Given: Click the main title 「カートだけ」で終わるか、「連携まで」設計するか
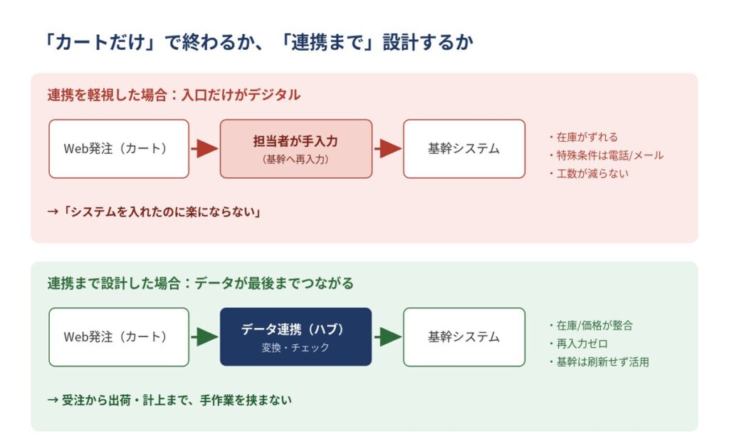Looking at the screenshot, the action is [258, 42].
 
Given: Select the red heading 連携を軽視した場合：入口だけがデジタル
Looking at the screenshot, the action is [174, 95].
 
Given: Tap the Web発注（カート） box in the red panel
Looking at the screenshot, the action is [119, 149].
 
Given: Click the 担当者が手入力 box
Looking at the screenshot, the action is [296, 149].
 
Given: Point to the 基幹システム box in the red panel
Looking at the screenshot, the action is [464, 149].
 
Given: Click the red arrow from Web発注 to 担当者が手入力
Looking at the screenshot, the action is [204, 149].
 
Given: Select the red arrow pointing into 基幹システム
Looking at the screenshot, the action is [388, 149].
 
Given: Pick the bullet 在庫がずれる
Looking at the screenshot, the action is [584, 138].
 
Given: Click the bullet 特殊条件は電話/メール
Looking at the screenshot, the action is [606, 155].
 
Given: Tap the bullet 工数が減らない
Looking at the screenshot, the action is [589, 174].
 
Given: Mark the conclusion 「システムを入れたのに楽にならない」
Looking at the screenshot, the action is [154, 212].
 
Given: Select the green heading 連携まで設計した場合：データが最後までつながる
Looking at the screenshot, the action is [200, 284].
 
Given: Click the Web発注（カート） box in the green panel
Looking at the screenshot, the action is [119, 337].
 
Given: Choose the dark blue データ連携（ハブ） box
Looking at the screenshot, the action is [296, 337].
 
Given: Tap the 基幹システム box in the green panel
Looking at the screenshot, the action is [464, 337].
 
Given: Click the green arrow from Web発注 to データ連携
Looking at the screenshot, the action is [204, 337].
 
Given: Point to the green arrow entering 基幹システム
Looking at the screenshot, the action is [388, 337].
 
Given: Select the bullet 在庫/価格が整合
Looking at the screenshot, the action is [591, 326].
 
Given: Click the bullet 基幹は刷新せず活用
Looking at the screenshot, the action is [599, 362].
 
